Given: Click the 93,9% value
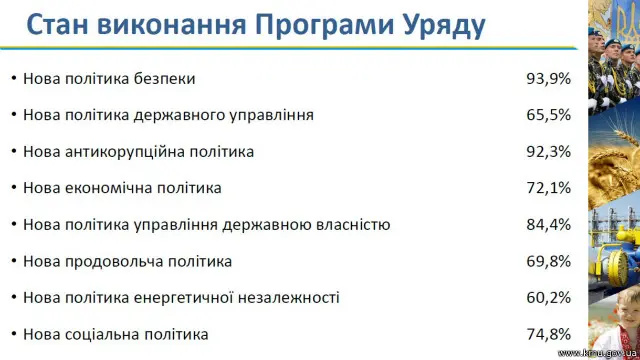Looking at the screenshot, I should (549, 78).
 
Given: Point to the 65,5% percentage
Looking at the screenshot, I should (549, 115).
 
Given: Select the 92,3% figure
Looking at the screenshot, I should (549, 152).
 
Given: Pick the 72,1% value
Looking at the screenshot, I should (549, 188).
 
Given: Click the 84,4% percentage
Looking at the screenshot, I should (549, 225).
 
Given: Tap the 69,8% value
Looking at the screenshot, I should (549, 262).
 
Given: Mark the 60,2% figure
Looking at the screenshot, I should (549, 298).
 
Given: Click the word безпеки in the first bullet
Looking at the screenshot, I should (165, 78).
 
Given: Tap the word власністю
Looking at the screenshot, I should (352, 225).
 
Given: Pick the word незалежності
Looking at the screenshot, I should (293, 298).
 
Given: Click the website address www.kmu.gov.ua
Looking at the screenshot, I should (596, 353).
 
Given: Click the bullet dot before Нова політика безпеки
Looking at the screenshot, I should (12, 78).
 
